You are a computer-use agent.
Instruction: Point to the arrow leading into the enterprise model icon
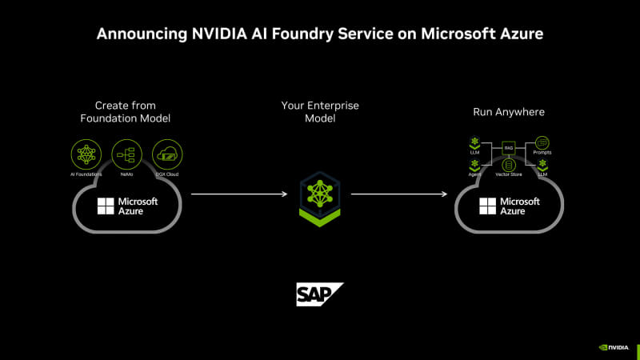(239, 194)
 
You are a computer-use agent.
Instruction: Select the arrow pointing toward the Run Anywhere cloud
(400, 194)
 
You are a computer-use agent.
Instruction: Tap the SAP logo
(319, 294)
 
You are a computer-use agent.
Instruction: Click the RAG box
(507, 147)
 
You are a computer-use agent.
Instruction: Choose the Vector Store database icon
(507, 165)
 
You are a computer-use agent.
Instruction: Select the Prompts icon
(542, 143)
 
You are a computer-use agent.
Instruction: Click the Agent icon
(474, 164)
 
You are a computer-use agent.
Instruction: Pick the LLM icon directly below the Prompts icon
(542, 164)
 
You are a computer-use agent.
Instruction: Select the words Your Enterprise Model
(319, 112)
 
